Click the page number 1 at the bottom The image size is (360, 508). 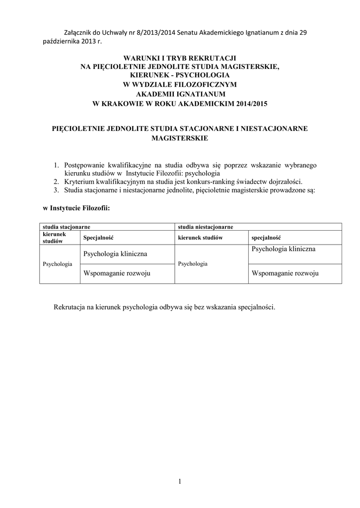(x=180, y=481)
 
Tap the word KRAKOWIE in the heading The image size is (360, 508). (x=126, y=103)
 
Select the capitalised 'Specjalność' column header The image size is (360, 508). (x=98, y=238)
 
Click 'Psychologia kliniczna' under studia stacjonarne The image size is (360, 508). (x=115, y=254)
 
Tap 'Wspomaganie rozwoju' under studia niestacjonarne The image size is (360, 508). (x=285, y=273)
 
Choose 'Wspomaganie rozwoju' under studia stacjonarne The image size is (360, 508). (x=117, y=273)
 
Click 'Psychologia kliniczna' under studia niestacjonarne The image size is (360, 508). (x=284, y=249)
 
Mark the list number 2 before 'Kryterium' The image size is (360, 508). (x=57, y=182)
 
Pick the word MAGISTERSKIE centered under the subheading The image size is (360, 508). (x=180, y=138)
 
